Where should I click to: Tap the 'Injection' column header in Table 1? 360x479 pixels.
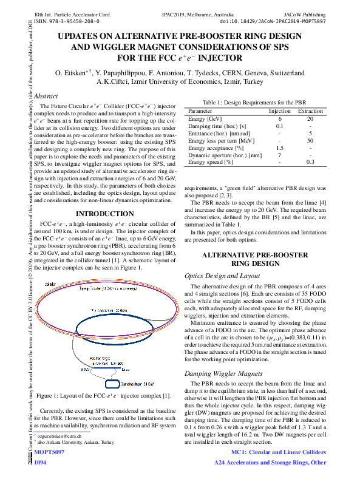coord(279,112)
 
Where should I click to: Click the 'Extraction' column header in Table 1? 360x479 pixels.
coord(310,112)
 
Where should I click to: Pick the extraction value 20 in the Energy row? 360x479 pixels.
coord(310,119)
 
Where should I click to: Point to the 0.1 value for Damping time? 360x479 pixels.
coord(279,126)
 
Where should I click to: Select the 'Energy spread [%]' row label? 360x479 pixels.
coord(211,162)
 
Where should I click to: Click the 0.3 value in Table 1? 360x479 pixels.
coord(310,162)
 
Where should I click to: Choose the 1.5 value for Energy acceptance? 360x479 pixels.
coord(279,148)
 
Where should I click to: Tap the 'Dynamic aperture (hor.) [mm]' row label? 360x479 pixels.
coord(225,155)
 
